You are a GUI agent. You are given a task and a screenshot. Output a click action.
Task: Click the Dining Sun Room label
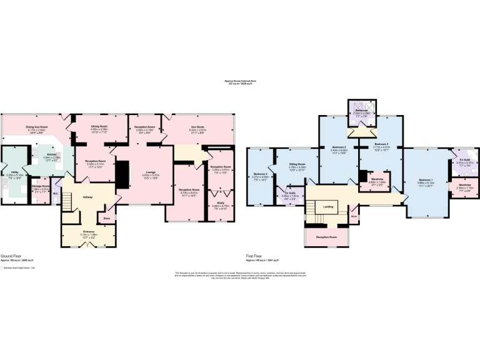click(38, 127)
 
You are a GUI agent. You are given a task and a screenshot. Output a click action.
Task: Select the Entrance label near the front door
click(88, 232)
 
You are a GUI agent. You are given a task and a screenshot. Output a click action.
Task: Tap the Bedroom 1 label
click(427, 181)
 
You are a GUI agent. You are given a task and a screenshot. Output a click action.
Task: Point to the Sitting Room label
click(297, 164)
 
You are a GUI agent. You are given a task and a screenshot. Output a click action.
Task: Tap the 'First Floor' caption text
click(254, 256)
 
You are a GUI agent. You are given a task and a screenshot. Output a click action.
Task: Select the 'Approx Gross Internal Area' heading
click(240, 81)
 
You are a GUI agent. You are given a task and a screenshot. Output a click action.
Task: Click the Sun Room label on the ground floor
click(198, 127)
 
